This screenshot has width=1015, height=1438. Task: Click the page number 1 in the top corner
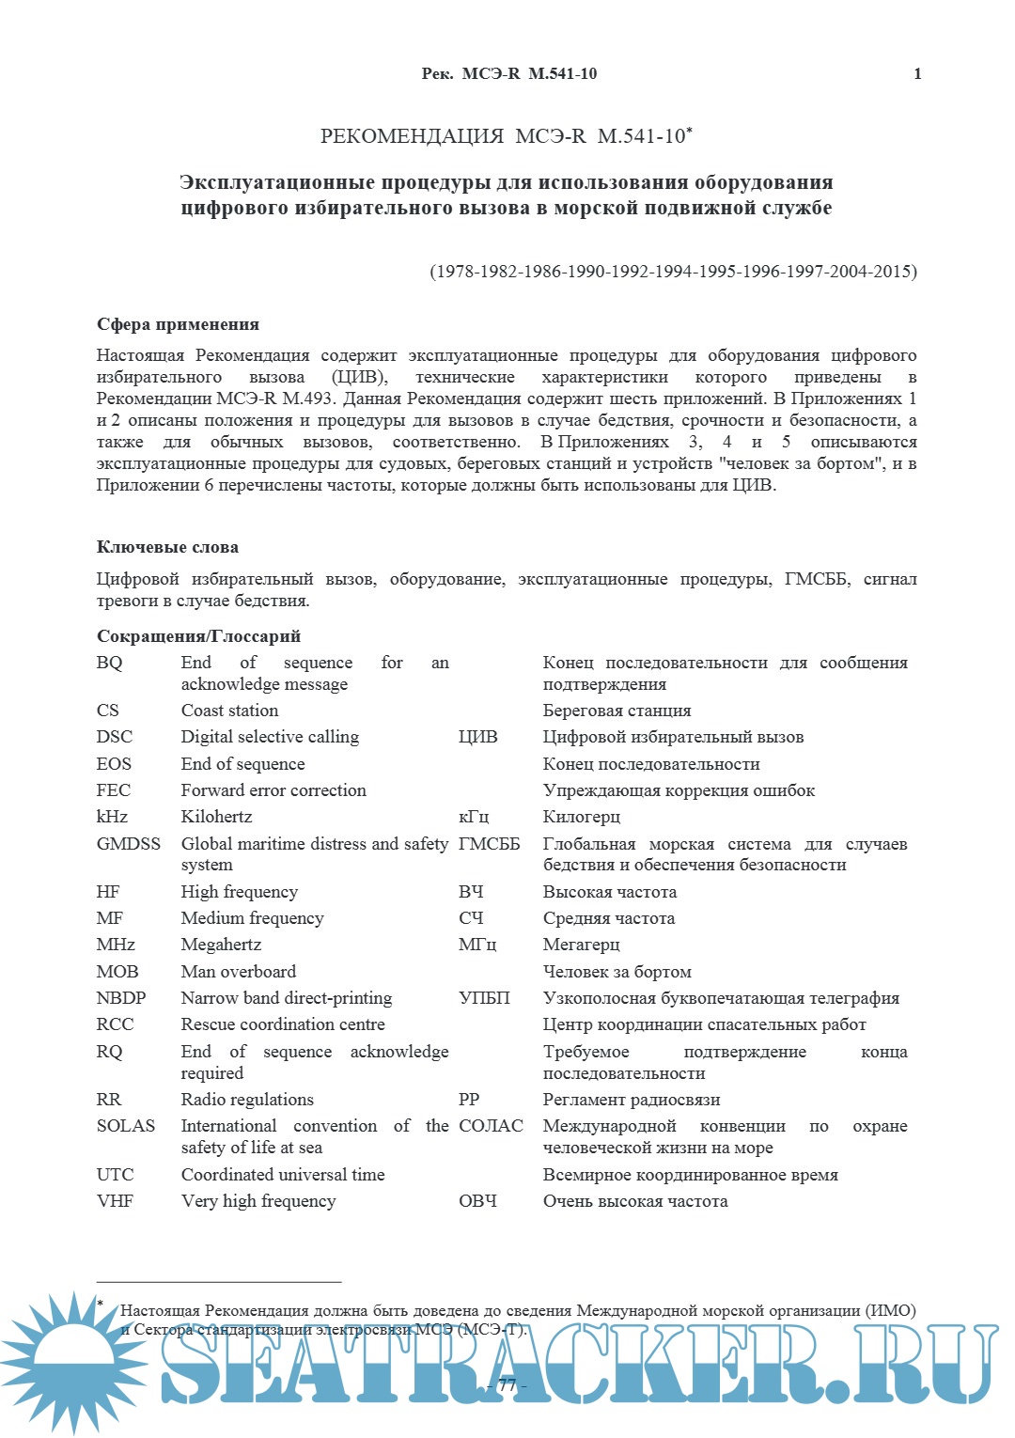click(x=917, y=74)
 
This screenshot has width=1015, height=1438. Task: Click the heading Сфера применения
click(x=178, y=324)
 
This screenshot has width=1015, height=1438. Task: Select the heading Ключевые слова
click(x=167, y=547)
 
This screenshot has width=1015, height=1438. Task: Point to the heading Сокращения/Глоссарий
click(x=198, y=636)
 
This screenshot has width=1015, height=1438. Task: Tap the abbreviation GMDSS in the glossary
click(x=129, y=844)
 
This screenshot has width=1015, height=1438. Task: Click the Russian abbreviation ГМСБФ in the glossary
click(x=489, y=844)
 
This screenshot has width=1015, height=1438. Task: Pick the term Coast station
click(x=229, y=711)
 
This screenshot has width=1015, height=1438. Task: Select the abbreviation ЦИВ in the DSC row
click(x=477, y=737)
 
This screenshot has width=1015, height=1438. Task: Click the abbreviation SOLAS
click(x=125, y=1126)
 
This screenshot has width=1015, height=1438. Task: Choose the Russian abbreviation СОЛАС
click(x=491, y=1126)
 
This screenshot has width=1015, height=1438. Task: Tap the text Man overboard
click(x=238, y=972)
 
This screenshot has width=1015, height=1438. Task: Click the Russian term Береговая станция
click(x=617, y=711)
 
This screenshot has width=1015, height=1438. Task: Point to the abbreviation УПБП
click(x=484, y=998)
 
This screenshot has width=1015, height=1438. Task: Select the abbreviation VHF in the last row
click(x=115, y=1201)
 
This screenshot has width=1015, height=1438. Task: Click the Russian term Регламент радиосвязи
click(x=632, y=1100)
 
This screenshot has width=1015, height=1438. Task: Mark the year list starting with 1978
click(x=673, y=272)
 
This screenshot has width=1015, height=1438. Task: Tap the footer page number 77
click(x=507, y=1385)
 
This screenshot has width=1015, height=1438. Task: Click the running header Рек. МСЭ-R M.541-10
click(x=508, y=74)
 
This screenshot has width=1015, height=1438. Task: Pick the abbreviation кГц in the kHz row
click(x=474, y=817)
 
